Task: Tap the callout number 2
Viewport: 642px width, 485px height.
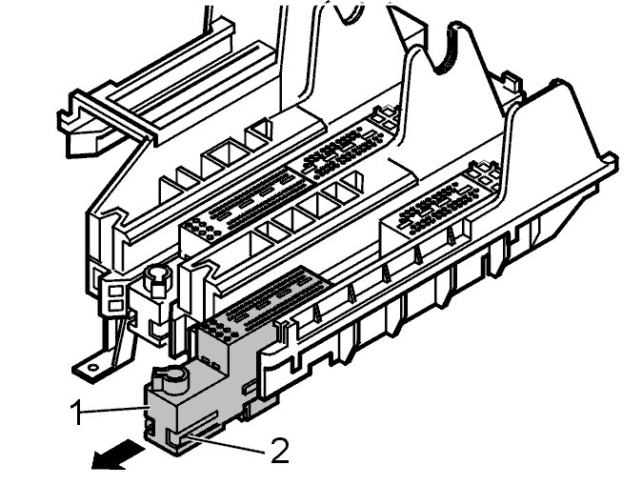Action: [x=279, y=449]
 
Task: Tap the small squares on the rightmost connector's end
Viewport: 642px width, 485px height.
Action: [x=486, y=175]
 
